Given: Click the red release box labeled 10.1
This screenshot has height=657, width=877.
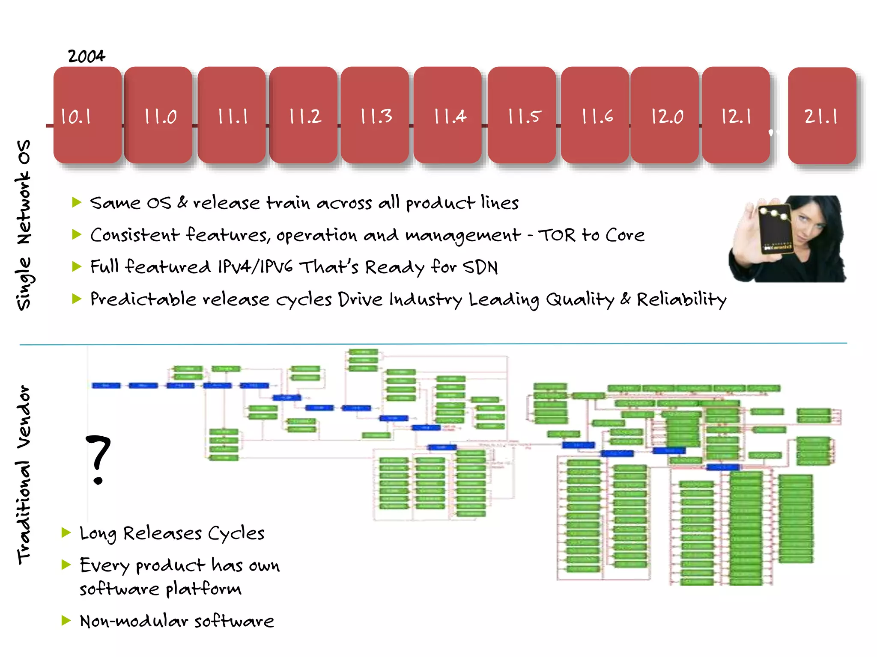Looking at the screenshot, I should [87, 115].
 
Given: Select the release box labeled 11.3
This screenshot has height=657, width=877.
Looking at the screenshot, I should [375, 115].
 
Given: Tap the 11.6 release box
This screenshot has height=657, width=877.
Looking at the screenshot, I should [595, 115].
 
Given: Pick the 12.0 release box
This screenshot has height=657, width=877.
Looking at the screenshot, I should [665, 115].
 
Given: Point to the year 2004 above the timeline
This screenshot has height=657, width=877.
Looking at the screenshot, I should [87, 56].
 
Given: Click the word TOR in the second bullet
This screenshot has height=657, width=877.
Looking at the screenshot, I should [556, 235].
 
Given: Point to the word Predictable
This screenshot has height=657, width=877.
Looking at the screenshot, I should [143, 299].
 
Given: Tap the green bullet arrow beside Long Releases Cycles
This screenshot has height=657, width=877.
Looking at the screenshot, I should [66, 533].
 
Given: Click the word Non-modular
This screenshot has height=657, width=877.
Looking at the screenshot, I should [134, 621].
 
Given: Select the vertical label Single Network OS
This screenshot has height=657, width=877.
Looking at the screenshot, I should [24, 225].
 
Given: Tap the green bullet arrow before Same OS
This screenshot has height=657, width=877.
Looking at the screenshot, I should [77, 202].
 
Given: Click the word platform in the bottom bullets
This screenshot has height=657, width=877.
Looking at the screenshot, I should [203, 589].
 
